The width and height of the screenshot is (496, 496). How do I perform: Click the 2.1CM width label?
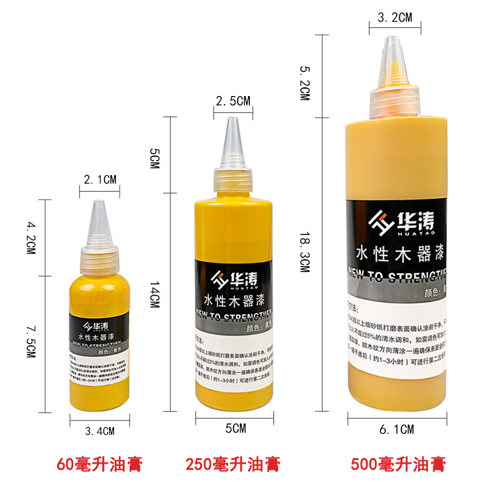[x=100, y=180]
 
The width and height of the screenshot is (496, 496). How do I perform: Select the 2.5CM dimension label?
[x=232, y=101]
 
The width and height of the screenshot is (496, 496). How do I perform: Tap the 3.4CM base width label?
[x=99, y=431]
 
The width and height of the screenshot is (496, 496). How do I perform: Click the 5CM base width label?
[x=236, y=428]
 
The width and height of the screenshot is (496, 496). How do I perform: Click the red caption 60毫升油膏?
[x=100, y=463]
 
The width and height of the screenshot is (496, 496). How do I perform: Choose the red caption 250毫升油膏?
[x=232, y=463]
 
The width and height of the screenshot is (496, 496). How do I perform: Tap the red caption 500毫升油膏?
[x=398, y=463]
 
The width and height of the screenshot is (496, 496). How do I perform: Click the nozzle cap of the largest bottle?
[x=395, y=74]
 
